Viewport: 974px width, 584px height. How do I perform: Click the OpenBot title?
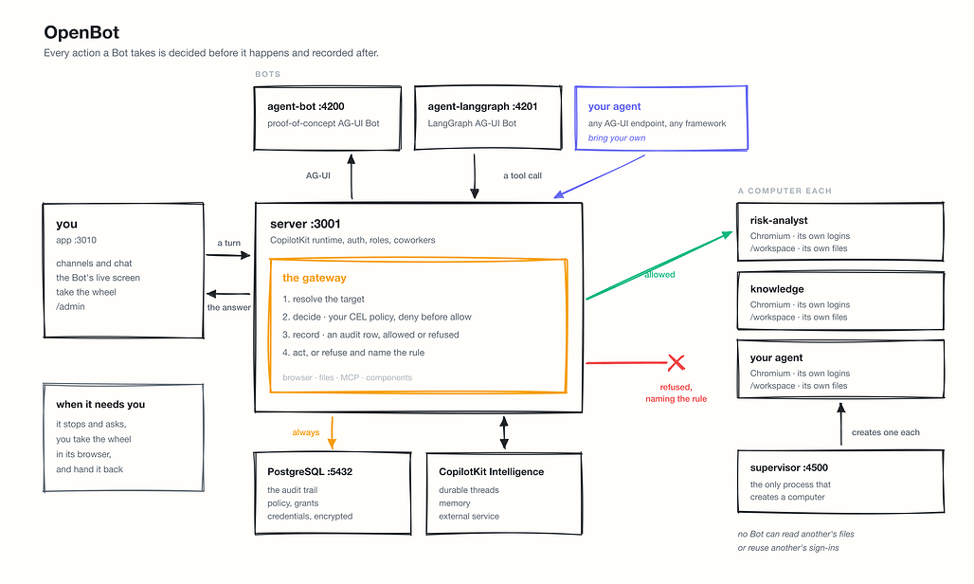(x=81, y=32)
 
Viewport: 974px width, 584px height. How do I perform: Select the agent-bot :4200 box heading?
(x=306, y=106)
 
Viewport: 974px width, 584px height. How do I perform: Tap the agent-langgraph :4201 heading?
(x=482, y=106)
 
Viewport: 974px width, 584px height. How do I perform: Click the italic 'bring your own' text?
(x=617, y=137)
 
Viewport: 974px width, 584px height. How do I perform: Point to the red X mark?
(x=676, y=362)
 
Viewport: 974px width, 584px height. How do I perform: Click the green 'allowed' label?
(x=659, y=275)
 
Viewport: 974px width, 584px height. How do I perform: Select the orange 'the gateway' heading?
(x=315, y=278)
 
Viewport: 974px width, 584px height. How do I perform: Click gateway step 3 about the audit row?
(x=370, y=335)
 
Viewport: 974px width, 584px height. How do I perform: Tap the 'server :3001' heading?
(x=305, y=224)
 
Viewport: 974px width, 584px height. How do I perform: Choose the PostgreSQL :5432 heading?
(x=310, y=471)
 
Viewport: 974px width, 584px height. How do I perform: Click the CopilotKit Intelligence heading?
(x=492, y=471)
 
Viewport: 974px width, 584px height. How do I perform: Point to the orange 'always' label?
(x=306, y=432)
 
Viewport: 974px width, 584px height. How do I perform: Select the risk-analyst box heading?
(x=779, y=221)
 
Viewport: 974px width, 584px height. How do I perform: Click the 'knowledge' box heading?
(x=777, y=289)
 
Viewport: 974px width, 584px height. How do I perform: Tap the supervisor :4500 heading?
(x=789, y=467)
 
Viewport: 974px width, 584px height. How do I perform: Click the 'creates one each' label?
(x=886, y=432)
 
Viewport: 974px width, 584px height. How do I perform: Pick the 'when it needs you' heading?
(x=100, y=405)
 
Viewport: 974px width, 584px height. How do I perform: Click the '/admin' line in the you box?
(x=70, y=306)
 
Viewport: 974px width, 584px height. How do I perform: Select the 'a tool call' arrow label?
(x=522, y=175)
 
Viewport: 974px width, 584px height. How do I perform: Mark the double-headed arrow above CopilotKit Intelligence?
(x=504, y=432)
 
